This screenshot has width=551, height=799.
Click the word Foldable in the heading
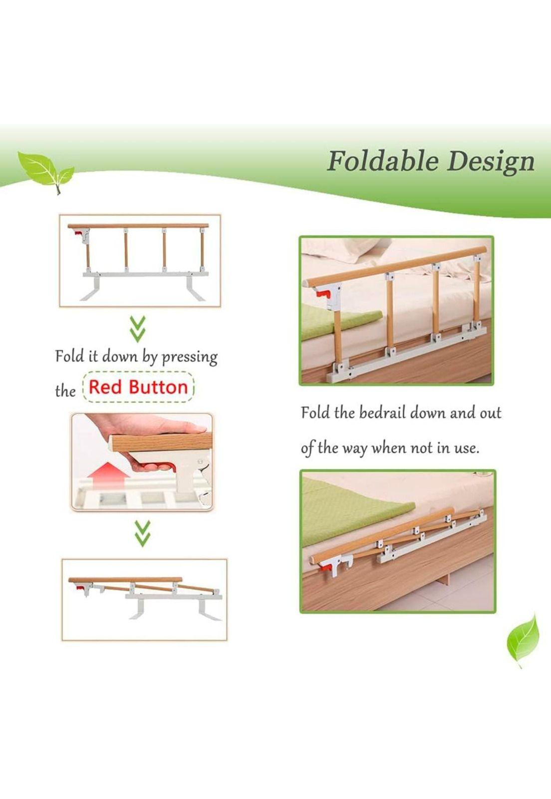coord(383,161)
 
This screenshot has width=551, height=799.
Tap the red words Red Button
coord(138,388)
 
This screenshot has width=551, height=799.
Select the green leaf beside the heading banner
coord(45,169)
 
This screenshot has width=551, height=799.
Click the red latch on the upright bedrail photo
coord(323,294)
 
